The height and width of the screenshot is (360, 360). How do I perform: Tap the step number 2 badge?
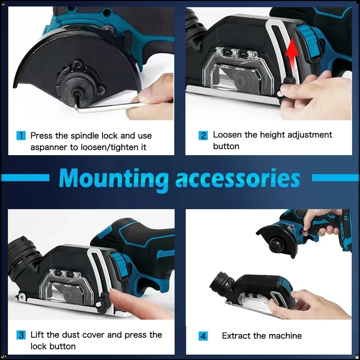[203, 136]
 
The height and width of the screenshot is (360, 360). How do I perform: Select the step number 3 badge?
[22, 335]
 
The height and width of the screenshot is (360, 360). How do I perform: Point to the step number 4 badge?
[203, 336]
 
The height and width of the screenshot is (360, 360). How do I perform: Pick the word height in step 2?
[273, 135]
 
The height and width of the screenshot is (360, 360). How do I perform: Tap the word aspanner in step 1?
[48, 148]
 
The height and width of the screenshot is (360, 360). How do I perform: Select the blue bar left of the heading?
[25, 177]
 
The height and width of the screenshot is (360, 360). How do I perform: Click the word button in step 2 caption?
[226, 147]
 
